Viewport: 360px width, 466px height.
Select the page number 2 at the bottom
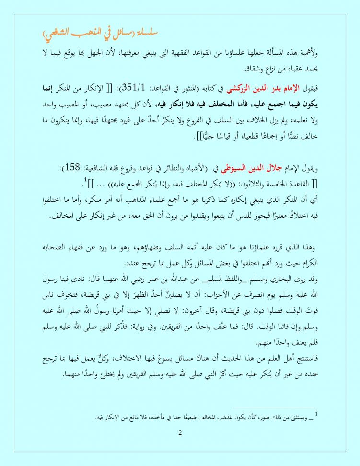(x=180, y=433)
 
